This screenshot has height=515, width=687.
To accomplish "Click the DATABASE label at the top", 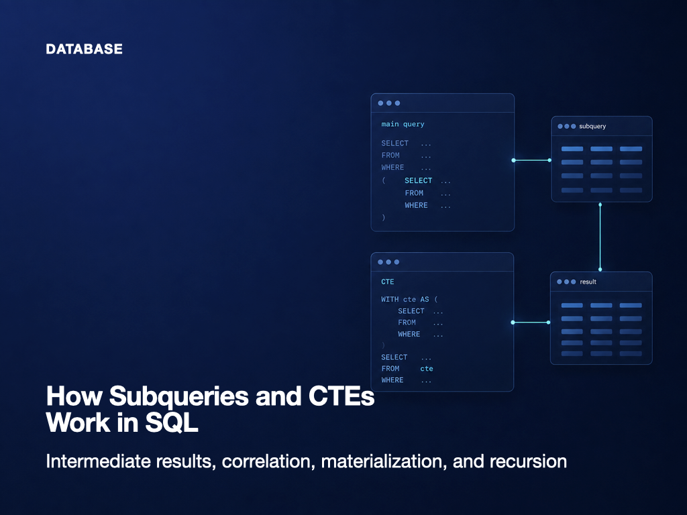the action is pos(84,49).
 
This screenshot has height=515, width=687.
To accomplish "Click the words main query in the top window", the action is pos(403,124).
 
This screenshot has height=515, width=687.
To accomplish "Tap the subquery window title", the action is pos(592,126).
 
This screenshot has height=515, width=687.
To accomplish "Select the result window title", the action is pos(588,282).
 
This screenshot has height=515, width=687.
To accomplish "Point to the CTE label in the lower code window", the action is pos(387,282).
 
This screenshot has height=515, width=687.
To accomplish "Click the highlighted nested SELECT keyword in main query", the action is pos(419,180).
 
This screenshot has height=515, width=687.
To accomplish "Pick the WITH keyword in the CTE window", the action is pos(390,299).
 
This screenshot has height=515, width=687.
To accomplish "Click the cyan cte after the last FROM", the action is pos(426,369).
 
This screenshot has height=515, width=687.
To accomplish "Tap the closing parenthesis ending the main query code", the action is pos(383,217).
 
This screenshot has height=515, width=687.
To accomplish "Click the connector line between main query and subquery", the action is pos(531,160).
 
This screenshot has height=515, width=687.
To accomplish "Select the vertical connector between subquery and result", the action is pos(600,237).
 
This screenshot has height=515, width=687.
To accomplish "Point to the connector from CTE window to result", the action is pos(531,323).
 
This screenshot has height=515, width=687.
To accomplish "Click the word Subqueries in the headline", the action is pos(178,397).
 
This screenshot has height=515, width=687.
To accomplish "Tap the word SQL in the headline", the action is pos(172,423).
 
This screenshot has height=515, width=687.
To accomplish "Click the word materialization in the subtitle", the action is pos(384,461).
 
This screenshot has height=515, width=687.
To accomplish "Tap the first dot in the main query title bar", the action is pos(381,103).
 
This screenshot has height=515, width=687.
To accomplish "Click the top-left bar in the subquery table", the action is pos(572,149).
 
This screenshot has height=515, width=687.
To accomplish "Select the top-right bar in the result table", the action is pos(631,305).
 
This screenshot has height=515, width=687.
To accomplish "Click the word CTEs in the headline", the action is pos(341,396).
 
